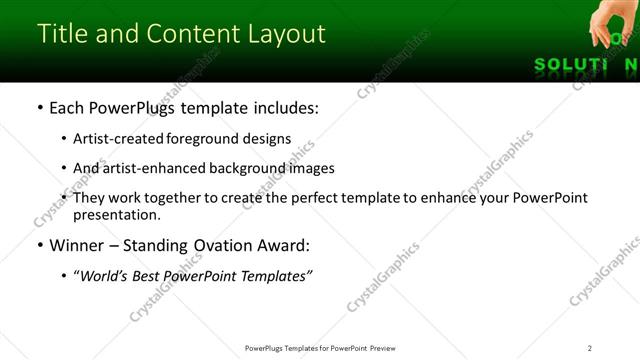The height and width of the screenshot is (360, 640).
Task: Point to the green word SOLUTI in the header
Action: [570, 65]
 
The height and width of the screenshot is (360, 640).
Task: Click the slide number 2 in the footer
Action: [590, 347]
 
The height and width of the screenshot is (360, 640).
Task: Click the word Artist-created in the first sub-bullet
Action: [117, 139]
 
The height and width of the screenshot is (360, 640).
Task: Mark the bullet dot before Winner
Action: [39, 245]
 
